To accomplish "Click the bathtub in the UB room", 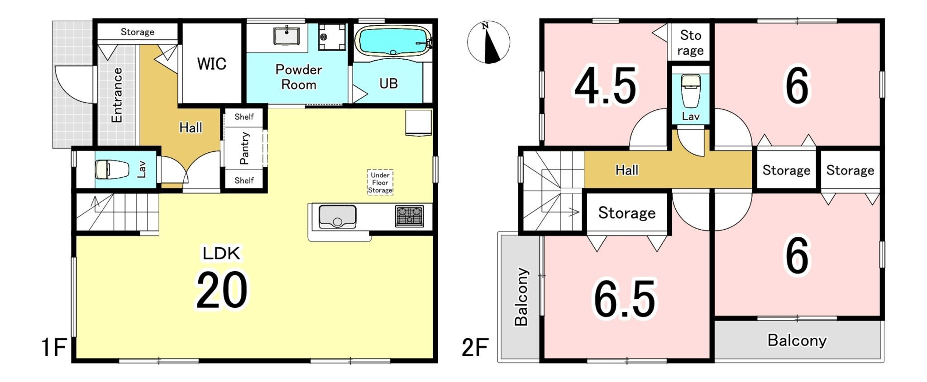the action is click(x=393, y=41).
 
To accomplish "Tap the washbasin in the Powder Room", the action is click(x=286, y=36).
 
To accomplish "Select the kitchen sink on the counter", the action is click(x=337, y=217).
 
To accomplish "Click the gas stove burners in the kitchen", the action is click(x=409, y=216).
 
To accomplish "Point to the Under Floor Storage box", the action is click(x=380, y=182).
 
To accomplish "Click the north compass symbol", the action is click(x=488, y=42).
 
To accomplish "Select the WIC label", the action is click(x=211, y=64).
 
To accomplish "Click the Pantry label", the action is click(x=244, y=148).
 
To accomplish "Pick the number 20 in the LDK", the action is click(x=222, y=290).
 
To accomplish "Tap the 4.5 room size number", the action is click(x=606, y=86).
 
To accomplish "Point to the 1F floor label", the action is click(x=54, y=348).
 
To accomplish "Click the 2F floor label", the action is click(x=475, y=348).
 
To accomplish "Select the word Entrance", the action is click(x=117, y=95).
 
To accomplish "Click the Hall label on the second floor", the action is click(x=627, y=170).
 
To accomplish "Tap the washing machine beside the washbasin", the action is click(x=332, y=37).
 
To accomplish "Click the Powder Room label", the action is click(x=299, y=77).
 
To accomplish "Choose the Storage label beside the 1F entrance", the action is click(x=137, y=32).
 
